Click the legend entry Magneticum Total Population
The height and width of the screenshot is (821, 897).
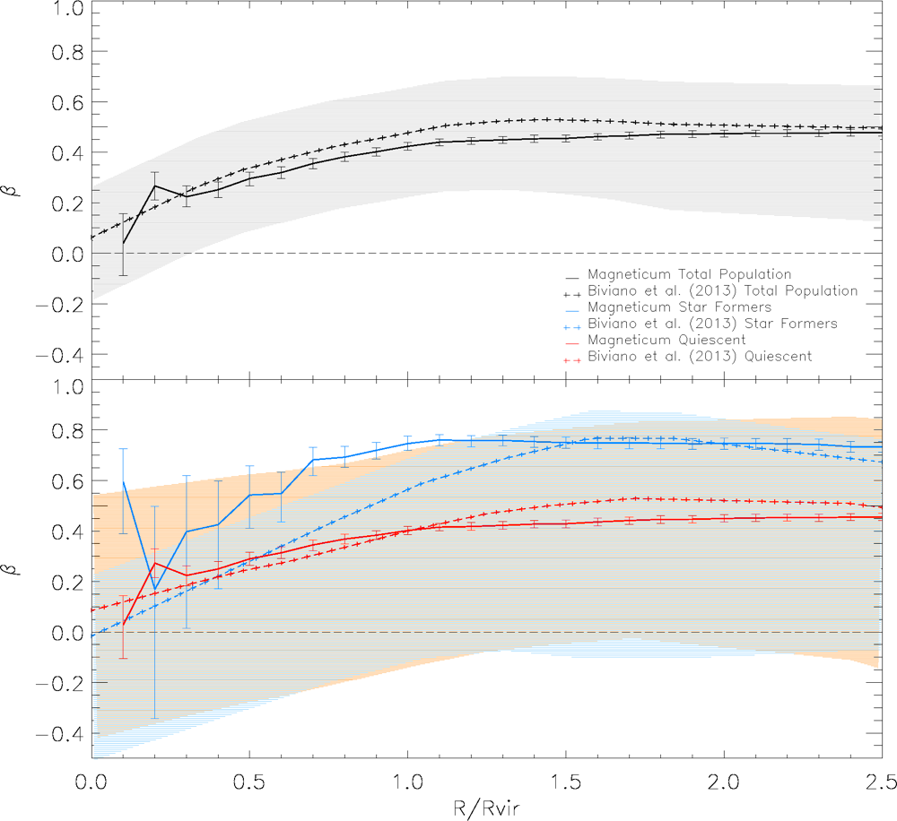click(688, 274)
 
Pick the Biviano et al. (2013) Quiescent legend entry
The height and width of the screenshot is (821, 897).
click(700, 357)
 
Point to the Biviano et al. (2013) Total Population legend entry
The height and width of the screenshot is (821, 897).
click(722, 291)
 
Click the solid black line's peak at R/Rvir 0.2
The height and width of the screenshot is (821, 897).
click(155, 186)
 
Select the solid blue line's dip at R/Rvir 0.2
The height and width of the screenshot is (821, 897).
click(155, 590)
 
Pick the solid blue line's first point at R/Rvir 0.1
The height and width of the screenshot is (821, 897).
click(124, 481)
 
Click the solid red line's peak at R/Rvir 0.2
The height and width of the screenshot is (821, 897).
click(155, 563)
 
